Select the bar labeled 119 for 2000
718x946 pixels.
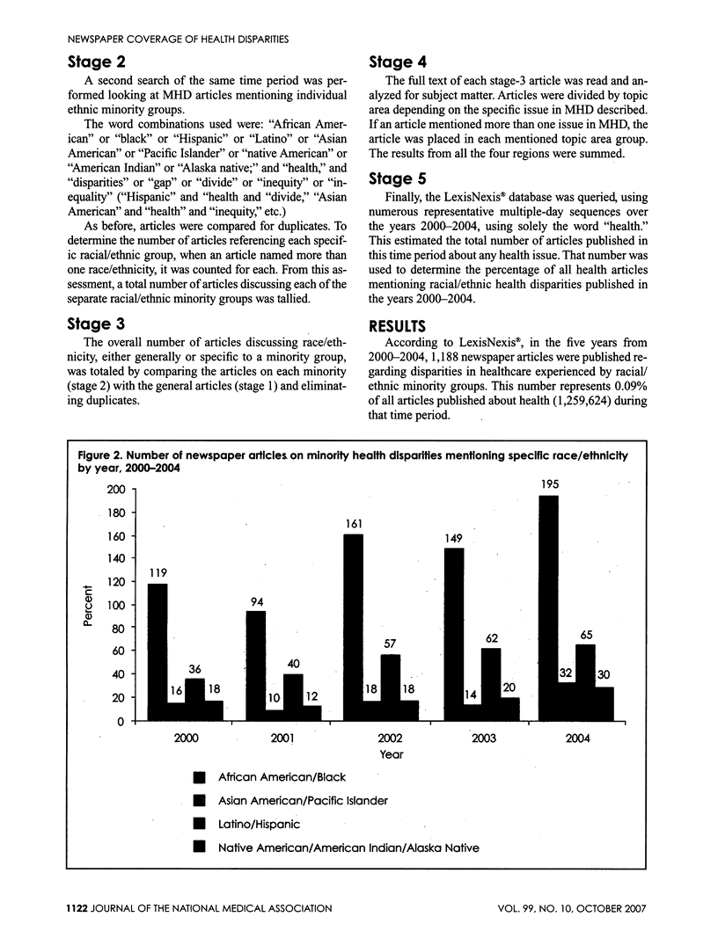coord(157,651)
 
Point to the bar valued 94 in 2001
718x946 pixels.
coord(254,665)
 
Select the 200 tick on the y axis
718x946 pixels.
coord(114,489)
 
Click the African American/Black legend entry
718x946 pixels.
coord(282,777)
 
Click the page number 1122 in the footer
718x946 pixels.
coord(57,908)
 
